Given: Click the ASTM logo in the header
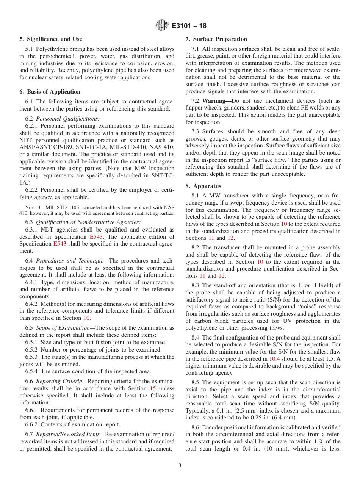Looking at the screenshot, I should pyautogui.click(x=162, y=26).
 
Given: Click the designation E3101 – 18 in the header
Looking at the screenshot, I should pyautogui.click(x=189, y=26).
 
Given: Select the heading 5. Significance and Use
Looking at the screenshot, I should pyautogui.click(x=51, y=39).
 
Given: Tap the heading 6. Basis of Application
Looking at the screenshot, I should pyautogui.click(x=50, y=92).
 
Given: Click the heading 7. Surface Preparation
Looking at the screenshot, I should pyautogui.click(x=216, y=39).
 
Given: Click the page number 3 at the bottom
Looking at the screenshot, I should pyautogui.click(x=180, y=465).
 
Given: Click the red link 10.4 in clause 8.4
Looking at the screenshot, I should pyautogui.click(x=274, y=358).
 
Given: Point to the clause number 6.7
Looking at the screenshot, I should pyautogui.click(x=29, y=434).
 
